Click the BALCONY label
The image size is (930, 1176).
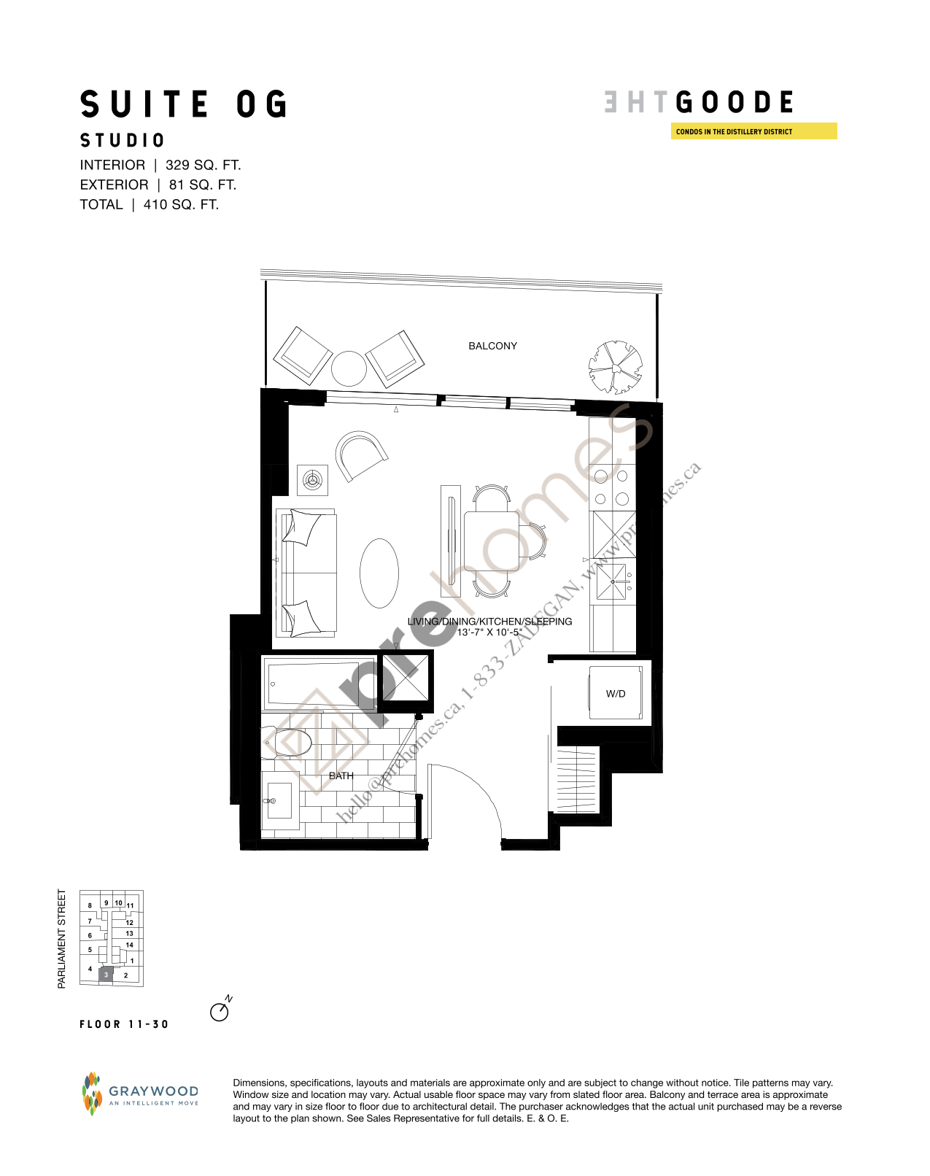click(x=492, y=346)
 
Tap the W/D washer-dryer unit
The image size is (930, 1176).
click(x=616, y=693)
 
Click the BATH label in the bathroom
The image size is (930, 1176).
click(x=341, y=775)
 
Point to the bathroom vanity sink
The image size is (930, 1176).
click(x=278, y=800)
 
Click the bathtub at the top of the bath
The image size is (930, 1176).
click(x=318, y=684)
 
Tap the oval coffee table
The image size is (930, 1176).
click(x=379, y=573)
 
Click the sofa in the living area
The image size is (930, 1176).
click(x=306, y=572)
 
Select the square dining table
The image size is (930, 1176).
click(x=493, y=541)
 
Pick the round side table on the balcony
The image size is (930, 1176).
click(x=349, y=368)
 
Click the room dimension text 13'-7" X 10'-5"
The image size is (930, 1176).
click(x=489, y=633)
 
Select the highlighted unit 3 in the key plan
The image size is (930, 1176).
click(x=106, y=975)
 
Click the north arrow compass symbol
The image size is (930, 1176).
click(x=220, y=1011)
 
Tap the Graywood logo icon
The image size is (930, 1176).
click(x=91, y=1094)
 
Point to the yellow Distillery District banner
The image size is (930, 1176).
click(x=753, y=131)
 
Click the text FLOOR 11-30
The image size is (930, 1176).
click(x=124, y=1024)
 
